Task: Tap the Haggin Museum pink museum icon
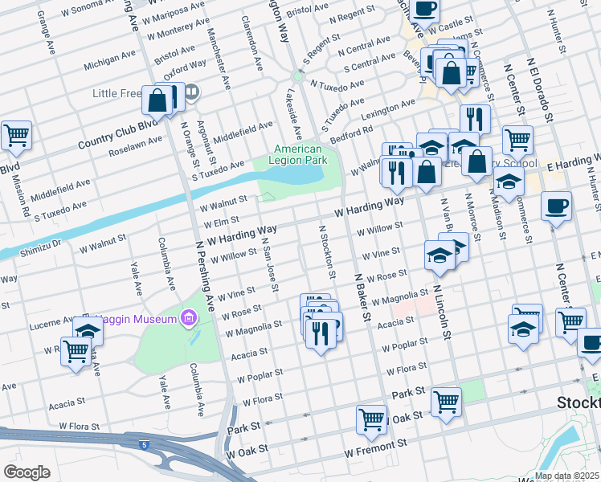click(190, 319)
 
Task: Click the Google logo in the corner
click(27, 472)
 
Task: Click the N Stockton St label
click(327, 251)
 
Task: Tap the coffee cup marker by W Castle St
click(425, 9)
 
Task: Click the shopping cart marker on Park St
click(446, 401)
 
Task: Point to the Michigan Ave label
click(110, 59)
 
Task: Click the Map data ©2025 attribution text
click(566, 476)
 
